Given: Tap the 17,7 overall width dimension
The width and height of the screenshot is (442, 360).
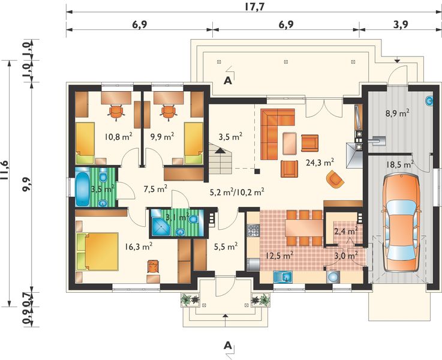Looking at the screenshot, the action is [254, 7].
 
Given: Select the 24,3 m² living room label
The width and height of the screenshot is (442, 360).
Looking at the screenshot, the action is [320, 163].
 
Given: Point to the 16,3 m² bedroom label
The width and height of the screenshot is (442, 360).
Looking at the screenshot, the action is [139, 247].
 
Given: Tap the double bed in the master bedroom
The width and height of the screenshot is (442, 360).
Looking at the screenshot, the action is [97, 251].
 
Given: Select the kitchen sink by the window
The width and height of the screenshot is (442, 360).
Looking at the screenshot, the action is [283, 277].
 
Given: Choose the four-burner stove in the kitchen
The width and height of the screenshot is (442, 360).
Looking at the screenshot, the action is [254, 230].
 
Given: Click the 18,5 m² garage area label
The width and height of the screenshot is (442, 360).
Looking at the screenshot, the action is [399, 164].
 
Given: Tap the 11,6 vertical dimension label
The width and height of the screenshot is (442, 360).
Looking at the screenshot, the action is [6, 170].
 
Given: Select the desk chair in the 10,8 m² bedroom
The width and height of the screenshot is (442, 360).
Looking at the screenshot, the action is [116, 112].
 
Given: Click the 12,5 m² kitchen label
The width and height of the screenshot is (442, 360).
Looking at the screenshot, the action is [280, 256].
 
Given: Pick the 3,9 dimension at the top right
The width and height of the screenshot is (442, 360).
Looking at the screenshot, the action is [401, 25].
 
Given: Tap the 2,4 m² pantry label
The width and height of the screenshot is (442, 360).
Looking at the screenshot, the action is [346, 232].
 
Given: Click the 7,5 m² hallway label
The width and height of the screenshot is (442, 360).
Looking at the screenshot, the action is [155, 188].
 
